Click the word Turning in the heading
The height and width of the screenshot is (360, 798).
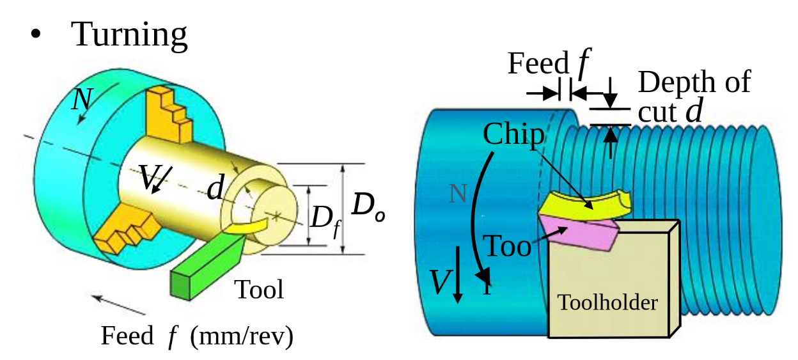(130, 34)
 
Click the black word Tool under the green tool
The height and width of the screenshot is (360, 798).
(258, 290)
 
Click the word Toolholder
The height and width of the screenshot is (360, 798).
(607, 302)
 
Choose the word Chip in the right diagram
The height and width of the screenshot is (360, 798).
(513, 134)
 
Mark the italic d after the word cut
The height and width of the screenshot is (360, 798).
(694, 111)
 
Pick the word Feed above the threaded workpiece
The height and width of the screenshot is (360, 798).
(538, 63)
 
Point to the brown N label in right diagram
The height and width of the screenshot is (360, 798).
(458, 193)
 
